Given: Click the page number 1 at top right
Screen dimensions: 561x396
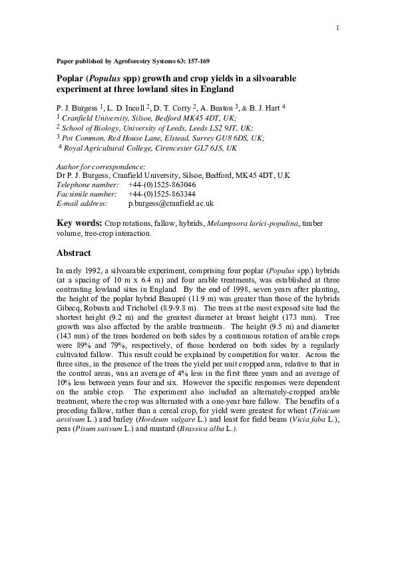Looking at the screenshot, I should pos(338,27).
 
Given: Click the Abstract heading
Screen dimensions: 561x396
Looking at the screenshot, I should pos(78,253).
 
